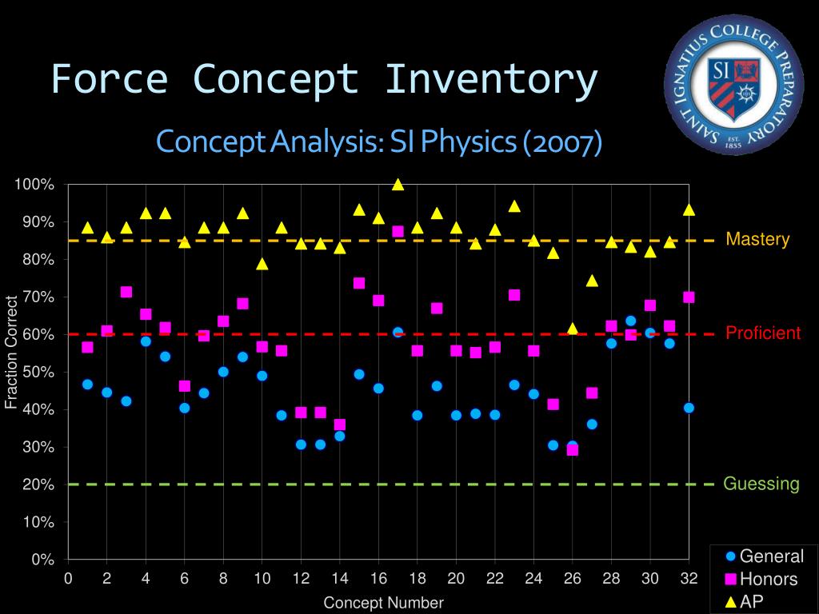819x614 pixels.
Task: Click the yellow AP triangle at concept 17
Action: [398, 185]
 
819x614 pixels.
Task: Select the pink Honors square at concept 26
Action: [573, 450]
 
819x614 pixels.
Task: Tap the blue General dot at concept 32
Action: [689, 408]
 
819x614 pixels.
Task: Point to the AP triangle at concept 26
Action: [573, 329]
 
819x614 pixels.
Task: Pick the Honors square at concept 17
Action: [398, 231]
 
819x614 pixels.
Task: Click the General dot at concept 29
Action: [631, 321]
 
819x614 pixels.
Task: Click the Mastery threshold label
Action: [757, 239]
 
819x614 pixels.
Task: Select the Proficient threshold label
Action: [763, 333]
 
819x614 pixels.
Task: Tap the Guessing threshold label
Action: [761, 484]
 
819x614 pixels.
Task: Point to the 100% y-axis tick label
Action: [34, 185]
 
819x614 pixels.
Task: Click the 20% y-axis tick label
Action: [37, 484]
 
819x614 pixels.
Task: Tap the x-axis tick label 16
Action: [378, 578]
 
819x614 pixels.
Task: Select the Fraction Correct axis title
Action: [11, 353]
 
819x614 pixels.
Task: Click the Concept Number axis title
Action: [383, 603]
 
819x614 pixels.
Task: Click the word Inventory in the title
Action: [490, 80]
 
